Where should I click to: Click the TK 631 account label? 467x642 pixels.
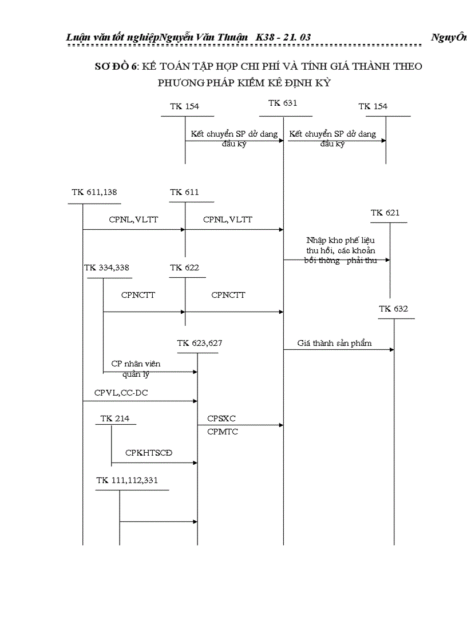pos(283,103)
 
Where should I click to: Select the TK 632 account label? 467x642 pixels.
pos(393,309)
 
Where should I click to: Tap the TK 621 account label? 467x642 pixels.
pos(385,213)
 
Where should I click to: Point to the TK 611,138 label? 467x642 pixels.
pos(94,192)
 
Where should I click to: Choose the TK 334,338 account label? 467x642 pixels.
pos(106,268)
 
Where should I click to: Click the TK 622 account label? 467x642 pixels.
pos(184,268)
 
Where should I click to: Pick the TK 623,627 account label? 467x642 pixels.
pos(200,343)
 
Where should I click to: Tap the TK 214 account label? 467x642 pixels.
pos(114,418)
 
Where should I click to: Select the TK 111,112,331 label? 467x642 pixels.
pos(127,480)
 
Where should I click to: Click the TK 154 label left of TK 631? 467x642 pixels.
pos(184,106)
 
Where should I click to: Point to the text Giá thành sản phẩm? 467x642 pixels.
pos(334,343)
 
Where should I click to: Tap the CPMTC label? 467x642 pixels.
pos(223,432)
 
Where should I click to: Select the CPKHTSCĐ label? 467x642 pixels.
pos(149,453)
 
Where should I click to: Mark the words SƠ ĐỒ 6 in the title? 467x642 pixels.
pos(116,66)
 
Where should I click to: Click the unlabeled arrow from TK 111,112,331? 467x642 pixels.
pos(158,521)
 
